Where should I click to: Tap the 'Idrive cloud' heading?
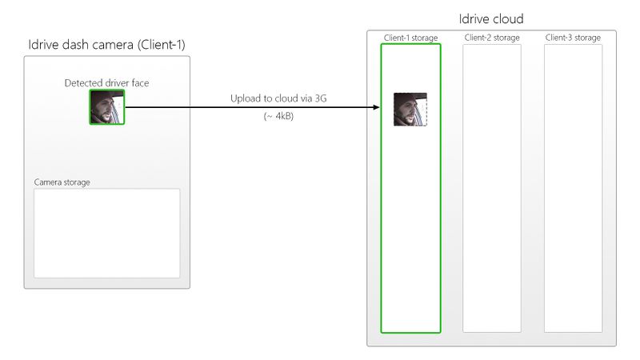491,18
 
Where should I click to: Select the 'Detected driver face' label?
106,82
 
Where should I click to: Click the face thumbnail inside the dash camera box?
106,107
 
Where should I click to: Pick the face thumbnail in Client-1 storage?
410,110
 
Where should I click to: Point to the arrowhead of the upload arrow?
375,107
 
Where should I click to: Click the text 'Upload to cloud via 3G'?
278,98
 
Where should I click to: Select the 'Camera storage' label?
62,182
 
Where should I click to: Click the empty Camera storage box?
106,233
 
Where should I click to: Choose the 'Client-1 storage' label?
410,38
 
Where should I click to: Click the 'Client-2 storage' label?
491,38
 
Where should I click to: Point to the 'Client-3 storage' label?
573,38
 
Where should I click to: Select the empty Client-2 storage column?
492,188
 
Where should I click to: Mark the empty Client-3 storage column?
573,188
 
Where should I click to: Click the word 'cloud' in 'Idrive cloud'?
506,18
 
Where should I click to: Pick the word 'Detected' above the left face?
84,82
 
